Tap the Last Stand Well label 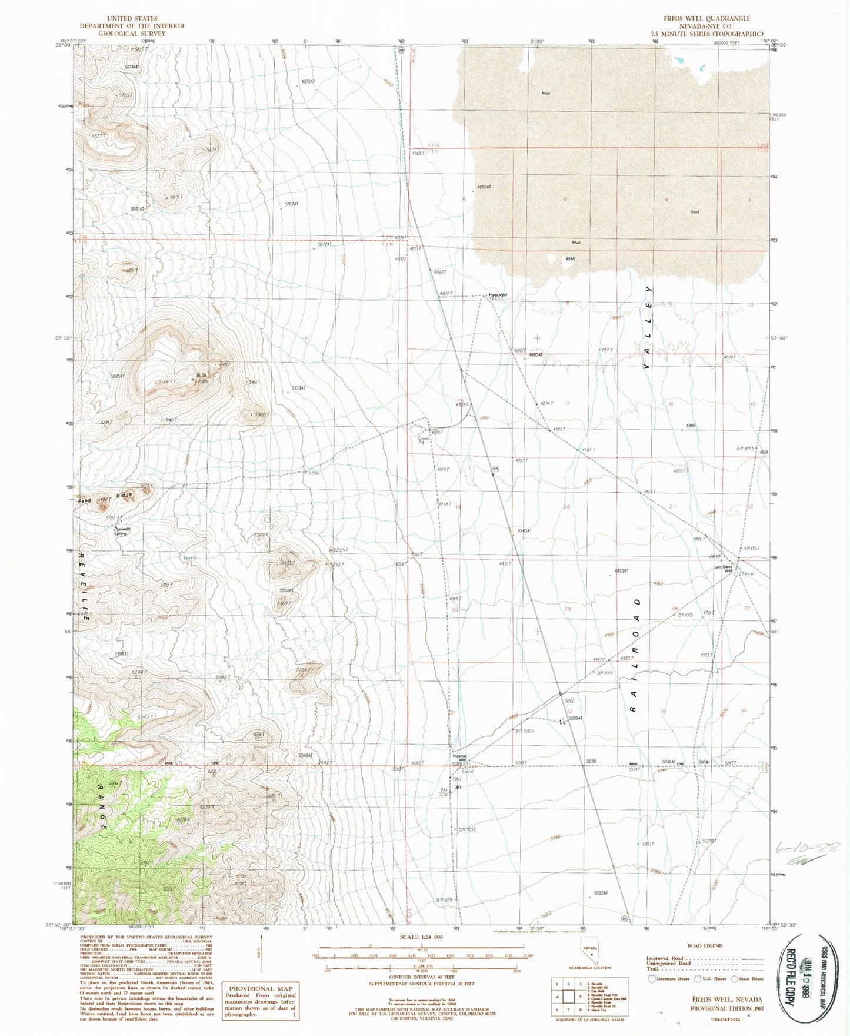723,569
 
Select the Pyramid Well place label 459,758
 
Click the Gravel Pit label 422,440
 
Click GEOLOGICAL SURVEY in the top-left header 132,34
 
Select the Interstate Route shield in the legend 652,979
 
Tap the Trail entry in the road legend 652,969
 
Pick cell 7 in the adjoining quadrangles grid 569,1009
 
